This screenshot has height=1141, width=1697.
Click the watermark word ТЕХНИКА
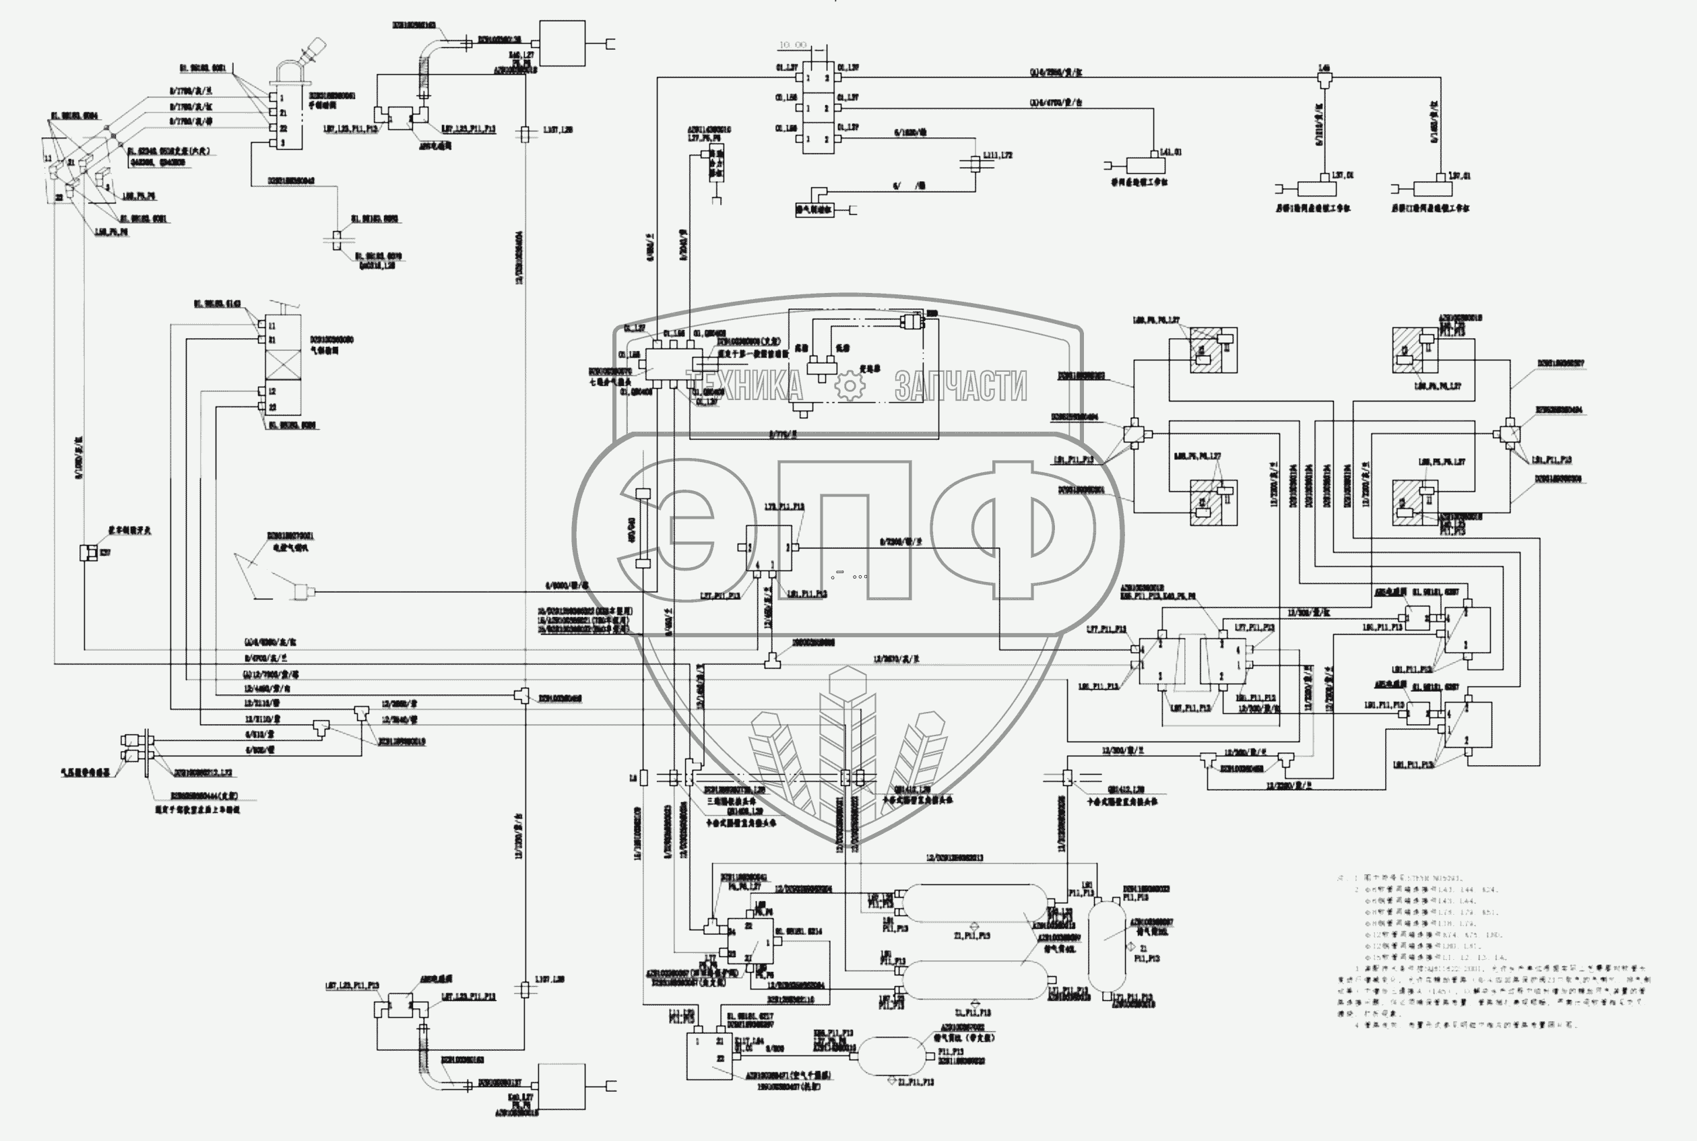point(744,386)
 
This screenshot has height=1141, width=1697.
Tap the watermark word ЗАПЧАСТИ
point(961,386)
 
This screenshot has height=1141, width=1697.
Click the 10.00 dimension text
point(792,45)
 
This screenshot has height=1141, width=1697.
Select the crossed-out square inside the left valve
point(284,362)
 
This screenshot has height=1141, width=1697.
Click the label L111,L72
point(998,155)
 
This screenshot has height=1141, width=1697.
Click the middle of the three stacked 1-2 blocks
point(818,108)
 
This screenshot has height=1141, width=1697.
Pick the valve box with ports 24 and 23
point(750,941)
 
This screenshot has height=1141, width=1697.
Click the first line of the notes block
point(1401,878)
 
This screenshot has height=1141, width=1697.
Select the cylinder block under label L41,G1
point(1145,166)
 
